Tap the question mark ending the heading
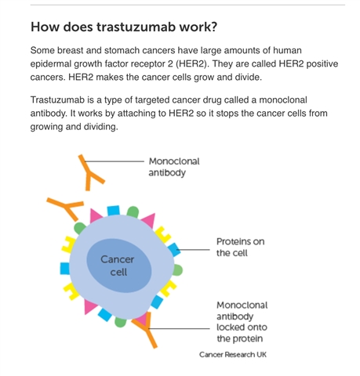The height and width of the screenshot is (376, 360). pos(213,27)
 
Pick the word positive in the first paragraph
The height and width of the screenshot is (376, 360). pos(322,64)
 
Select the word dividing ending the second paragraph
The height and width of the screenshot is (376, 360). pos(100,127)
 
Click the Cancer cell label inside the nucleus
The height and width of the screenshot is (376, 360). pos(118,266)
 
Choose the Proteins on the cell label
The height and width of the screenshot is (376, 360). pos(240,248)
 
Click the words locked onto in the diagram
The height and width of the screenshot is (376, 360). pos(242,327)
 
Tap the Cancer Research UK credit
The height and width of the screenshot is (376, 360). pos(233,355)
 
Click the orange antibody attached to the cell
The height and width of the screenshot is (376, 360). pos(147,330)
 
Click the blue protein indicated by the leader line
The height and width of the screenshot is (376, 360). pos(174,250)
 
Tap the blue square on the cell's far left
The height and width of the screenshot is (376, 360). pos(65,269)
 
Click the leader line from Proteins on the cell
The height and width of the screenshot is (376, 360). pos(193,250)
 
